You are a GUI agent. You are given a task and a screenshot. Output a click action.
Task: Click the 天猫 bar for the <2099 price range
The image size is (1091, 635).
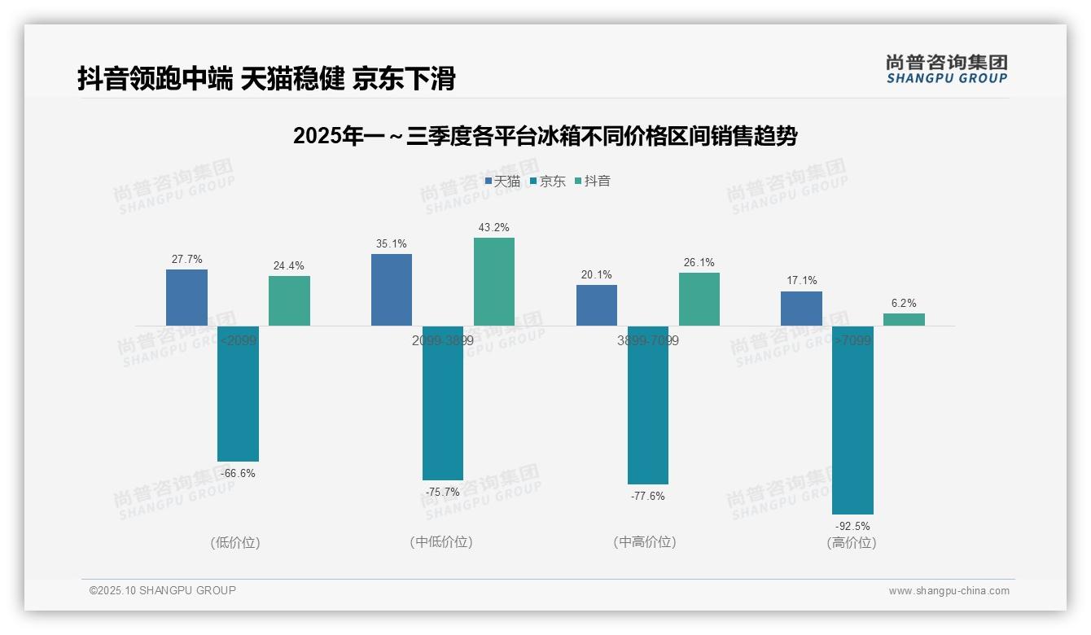click(x=186, y=298)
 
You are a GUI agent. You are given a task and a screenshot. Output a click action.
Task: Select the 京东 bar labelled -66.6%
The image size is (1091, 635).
click(x=238, y=393)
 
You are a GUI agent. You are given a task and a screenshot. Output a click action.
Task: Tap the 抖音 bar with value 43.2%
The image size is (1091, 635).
click(x=494, y=282)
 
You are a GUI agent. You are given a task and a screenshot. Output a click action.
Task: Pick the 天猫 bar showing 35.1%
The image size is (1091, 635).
click(x=392, y=290)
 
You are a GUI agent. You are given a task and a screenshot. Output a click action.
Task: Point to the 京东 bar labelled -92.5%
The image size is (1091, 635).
click(x=852, y=420)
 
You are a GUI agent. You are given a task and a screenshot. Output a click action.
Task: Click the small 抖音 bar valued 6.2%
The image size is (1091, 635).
click(x=904, y=319)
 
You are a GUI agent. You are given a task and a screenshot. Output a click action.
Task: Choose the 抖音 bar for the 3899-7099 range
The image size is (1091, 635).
click(x=699, y=299)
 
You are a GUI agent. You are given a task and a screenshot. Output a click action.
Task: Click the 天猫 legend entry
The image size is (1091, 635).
click(x=502, y=182)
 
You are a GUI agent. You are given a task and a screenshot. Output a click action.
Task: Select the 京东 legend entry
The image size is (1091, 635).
click(x=547, y=182)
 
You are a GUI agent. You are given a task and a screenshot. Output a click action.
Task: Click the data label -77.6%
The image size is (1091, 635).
click(x=647, y=496)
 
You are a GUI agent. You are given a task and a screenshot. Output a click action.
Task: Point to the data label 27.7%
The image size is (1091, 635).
click(x=186, y=260)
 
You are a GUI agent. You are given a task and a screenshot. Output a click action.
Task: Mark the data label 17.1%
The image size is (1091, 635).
click(x=801, y=281)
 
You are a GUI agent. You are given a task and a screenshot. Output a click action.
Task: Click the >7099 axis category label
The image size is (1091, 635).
click(x=852, y=340)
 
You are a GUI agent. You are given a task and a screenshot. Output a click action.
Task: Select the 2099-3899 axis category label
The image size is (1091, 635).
click(x=442, y=340)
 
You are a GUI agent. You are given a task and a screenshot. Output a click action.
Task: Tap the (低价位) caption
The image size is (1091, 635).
click(x=236, y=542)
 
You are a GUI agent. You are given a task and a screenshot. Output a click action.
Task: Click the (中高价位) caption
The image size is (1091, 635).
click(x=646, y=542)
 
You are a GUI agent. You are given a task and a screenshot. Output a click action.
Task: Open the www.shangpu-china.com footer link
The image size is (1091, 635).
click(x=949, y=591)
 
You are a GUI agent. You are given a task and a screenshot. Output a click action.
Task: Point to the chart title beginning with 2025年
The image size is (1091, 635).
click(x=545, y=136)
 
